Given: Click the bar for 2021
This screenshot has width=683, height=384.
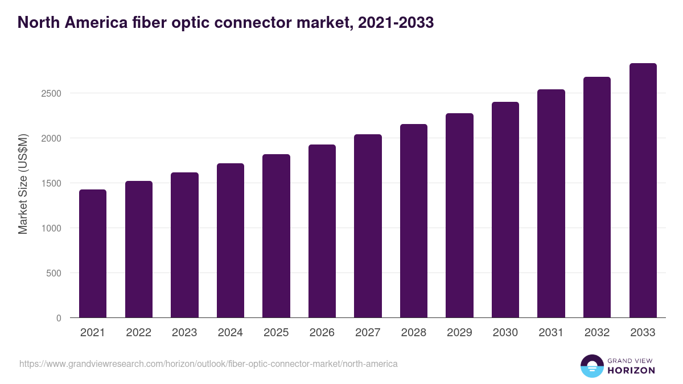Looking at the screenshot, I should pyautogui.click(x=93, y=253).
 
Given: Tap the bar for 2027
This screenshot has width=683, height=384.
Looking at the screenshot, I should pyautogui.click(x=368, y=226).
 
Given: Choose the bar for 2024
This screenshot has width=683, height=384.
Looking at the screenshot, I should pyautogui.click(x=231, y=240).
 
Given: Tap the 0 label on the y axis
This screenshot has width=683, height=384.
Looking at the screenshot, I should pyautogui.click(x=59, y=318).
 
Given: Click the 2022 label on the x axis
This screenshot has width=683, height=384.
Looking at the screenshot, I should pyautogui.click(x=138, y=333).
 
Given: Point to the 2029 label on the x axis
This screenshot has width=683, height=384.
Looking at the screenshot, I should pyautogui.click(x=459, y=333).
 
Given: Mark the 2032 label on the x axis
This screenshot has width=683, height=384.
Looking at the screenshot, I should pyautogui.click(x=597, y=333).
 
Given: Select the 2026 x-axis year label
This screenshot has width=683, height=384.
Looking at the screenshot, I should pyautogui.click(x=322, y=333).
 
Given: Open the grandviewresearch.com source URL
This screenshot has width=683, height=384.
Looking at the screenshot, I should pyautogui.click(x=208, y=364).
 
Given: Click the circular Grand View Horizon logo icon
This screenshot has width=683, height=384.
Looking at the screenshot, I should pyautogui.click(x=591, y=366).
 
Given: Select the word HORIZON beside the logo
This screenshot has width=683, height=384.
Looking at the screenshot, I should pyautogui.click(x=631, y=370).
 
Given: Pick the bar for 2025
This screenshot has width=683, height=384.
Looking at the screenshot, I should pyautogui.click(x=276, y=236).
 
